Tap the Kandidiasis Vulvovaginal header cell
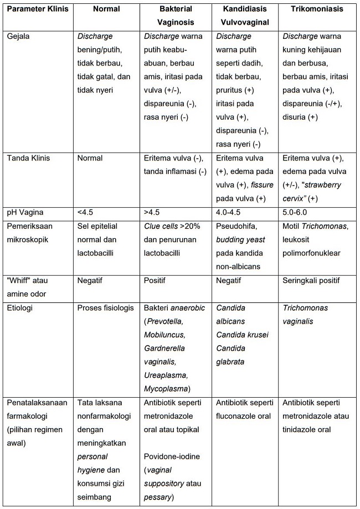coord(246,16)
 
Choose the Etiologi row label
coord(20,308)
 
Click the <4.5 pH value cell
coord(87,213)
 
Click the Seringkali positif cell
coord(312,281)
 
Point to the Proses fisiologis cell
coord(105,308)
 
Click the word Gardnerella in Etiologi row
coord(165,348)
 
